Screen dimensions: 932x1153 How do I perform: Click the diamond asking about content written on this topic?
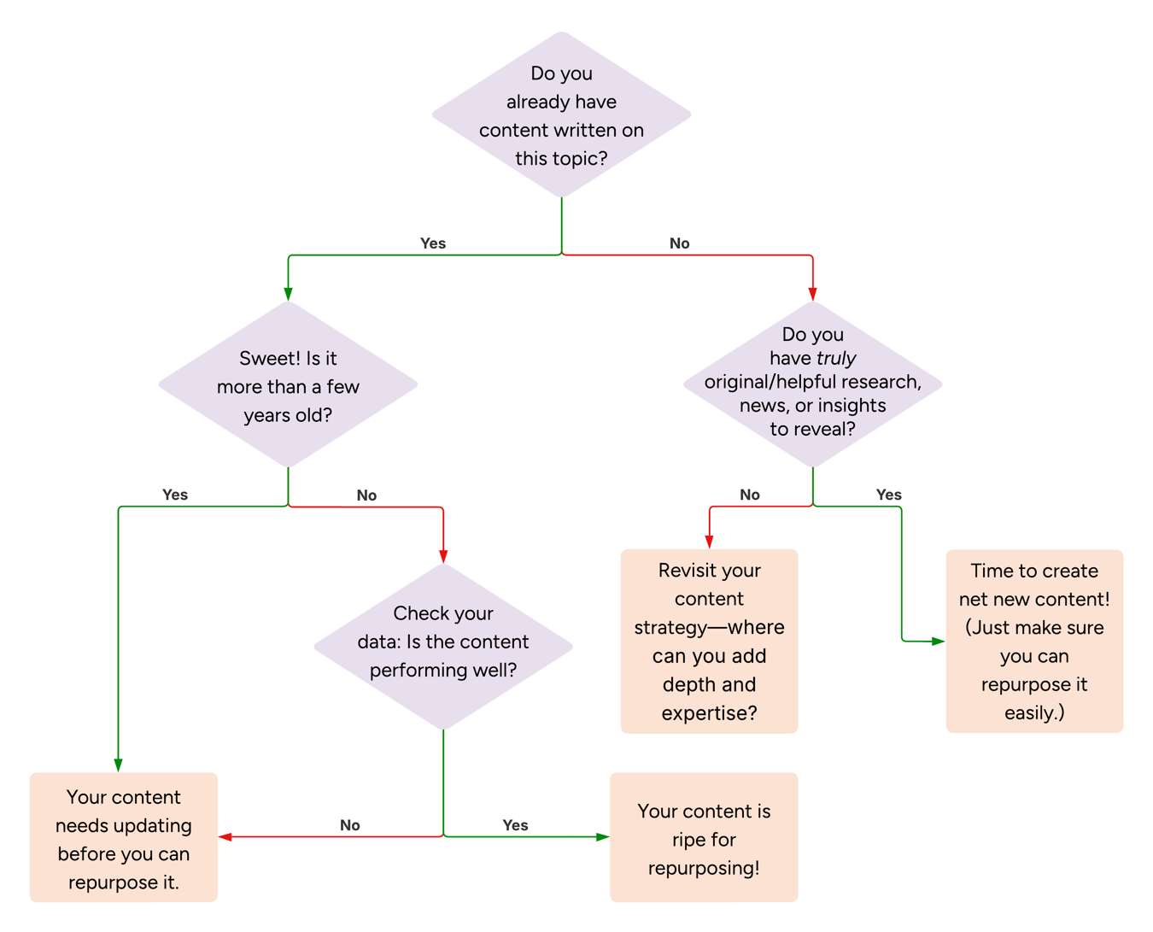(561, 115)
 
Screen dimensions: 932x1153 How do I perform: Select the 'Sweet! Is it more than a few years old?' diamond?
(288, 385)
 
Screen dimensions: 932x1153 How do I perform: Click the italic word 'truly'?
(835, 359)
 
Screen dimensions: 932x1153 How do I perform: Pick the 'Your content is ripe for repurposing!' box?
(704, 838)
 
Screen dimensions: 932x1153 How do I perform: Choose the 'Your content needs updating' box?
(124, 838)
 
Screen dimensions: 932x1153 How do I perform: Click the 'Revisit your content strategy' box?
(709, 641)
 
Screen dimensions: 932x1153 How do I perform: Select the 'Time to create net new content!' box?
(1034, 641)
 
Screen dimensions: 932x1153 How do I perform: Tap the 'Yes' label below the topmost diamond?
(433, 243)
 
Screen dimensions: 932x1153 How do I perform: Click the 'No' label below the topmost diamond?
(679, 243)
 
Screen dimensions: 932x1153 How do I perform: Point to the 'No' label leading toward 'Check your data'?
(366, 495)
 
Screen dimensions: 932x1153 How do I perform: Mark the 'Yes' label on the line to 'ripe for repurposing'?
(515, 825)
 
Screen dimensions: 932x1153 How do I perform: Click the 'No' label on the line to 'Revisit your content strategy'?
(749, 495)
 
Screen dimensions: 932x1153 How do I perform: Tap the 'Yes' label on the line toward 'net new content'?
(888, 495)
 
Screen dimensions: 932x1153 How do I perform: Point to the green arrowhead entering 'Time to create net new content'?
(938, 641)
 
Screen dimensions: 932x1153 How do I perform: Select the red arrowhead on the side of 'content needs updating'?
(225, 837)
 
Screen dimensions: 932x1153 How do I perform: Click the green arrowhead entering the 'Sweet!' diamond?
(288, 294)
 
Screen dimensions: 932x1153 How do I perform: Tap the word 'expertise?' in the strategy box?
(709, 713)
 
